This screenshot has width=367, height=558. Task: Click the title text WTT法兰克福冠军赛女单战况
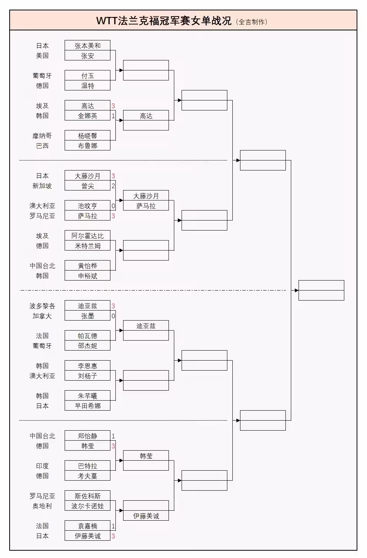(x=164, y=21)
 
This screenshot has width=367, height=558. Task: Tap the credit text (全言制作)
(x=252, y=22)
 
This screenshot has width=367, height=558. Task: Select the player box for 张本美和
(x=87, y=45)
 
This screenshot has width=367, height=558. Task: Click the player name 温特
(x=87, y=86)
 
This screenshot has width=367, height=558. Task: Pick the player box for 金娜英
(x=87, y=116)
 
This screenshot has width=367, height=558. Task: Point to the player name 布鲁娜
(x=87, y=146)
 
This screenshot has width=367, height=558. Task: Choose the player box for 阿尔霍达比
(x=87, y=236)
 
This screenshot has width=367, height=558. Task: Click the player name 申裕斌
(x=87, y=276)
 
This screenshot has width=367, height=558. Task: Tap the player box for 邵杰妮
(x=87, y=346)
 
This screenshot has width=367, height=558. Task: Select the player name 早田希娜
(x=87, y=406)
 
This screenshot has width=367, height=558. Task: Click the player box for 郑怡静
(x=87, y=436)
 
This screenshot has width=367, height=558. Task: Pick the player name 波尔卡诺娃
(x=87, y=506)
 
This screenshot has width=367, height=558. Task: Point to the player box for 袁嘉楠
(x=87, y=526)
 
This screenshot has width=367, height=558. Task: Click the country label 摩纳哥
(x=42, y=136)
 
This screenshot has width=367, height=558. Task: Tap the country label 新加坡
(x=42, y=186)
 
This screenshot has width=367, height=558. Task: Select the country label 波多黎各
(x=42, y=306)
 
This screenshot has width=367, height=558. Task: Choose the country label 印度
(x=42, y=466)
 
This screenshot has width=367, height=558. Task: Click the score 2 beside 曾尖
(x=113, y=186)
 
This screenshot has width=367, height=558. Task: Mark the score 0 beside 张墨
(x=113, y=316)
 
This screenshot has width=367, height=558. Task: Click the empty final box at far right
(x=321, y=290)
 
